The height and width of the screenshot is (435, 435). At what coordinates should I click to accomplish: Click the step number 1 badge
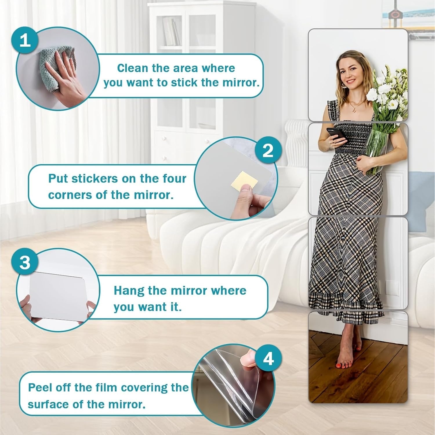tap(25, 40)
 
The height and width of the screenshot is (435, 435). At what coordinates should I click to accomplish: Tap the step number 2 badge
tap(268, 151)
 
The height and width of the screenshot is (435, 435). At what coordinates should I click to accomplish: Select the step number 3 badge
tap(25, 262)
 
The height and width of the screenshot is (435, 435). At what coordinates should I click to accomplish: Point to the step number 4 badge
tap(268, 359)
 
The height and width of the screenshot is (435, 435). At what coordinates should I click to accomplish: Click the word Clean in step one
tap(132, 68)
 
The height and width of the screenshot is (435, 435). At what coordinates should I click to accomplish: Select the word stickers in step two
tap(95, 179)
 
